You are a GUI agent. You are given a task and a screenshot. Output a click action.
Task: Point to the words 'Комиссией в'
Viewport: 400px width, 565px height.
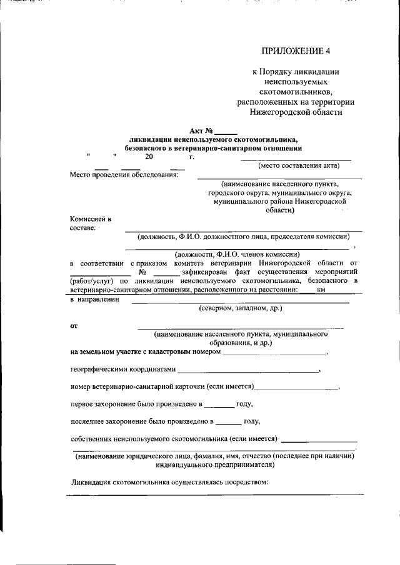pyautogui.click(x=91, y=219)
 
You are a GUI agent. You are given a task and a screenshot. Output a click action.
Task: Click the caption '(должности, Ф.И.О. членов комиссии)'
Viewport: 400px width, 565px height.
pyautogui.click(x=237, y=254)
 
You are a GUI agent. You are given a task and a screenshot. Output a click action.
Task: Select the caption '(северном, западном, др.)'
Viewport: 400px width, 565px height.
pyautogui.click(x=241, y=308)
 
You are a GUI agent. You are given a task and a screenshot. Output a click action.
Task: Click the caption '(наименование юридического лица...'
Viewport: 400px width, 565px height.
pyautogui.click(x=216, y=461)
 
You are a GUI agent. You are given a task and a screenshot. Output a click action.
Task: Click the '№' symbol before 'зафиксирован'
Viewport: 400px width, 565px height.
pyautogui.click(x=142, y=272)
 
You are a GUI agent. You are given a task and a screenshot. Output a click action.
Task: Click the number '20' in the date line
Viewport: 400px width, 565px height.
pyautogui.click(x=149, y=157)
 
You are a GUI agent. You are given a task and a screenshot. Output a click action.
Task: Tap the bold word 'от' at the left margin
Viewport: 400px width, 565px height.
pyautogui.click(x=74, y=325)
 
